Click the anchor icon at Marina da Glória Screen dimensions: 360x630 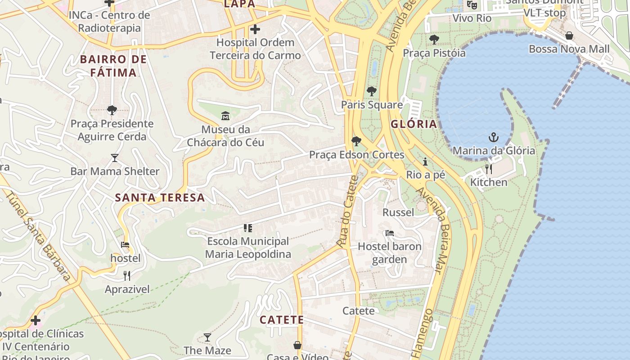click(x=494, y=137)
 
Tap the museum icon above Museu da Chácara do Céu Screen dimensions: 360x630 click(x=225, y=116)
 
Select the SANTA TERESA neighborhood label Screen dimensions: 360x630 click(x=160, y=198)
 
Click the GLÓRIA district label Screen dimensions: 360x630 click(x=414, y=124)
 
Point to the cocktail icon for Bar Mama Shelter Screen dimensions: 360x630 click(x=115, y=158)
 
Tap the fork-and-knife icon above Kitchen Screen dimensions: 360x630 click(x=489, y=169)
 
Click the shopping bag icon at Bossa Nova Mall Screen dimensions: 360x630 click(x=569, y=36)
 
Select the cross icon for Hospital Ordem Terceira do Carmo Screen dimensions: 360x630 click(x=255, y=30)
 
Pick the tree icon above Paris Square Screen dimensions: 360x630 click(x=371, y=91)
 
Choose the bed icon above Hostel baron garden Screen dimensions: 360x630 click(x=390, y=233)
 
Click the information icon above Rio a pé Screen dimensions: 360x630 click(x=425, y=162)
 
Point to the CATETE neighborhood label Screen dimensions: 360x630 click(x=282, y=320)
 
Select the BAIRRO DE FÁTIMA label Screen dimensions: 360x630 click(x=113, y=66)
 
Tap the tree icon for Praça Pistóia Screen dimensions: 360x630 click(x=434, y=40)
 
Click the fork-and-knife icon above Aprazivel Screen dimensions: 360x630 click(x=127, y=276)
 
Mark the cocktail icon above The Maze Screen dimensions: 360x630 click(x=207, y=337)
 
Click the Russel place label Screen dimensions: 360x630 click(x=398, y=212)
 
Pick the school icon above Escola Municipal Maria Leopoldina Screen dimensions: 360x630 click(x=247, y=228)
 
